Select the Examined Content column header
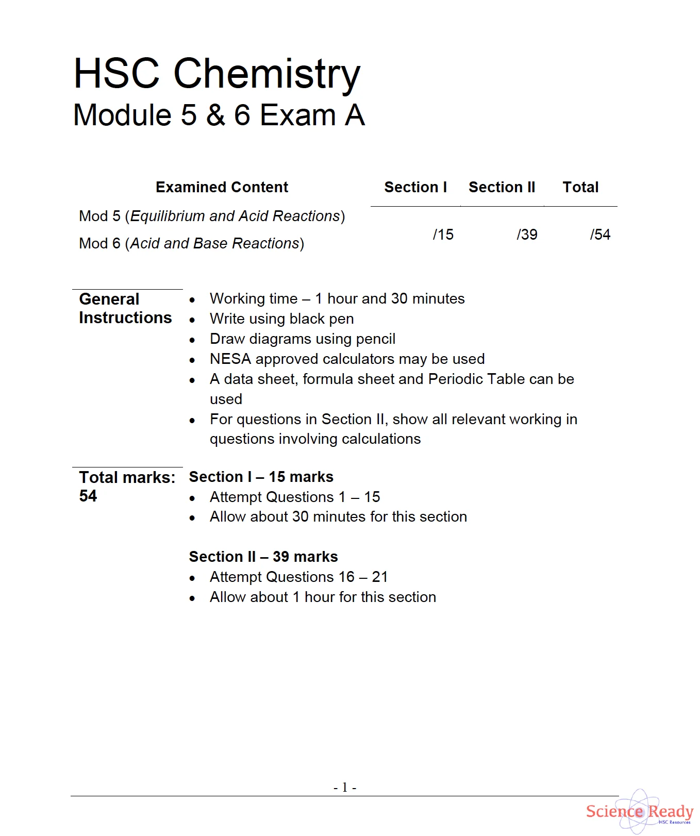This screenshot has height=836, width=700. [222, 187]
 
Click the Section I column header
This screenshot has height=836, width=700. [415, 187]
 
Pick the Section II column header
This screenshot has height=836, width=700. [502, 187]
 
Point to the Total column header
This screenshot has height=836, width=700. [580, 187]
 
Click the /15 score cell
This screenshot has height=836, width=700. [443, 235]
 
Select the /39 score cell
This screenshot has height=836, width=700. [527, 235]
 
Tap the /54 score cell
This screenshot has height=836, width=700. [600, 235]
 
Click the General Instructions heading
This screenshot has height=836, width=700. [125, 308]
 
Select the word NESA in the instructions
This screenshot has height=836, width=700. [230, 359]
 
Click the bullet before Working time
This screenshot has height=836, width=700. [192, 300]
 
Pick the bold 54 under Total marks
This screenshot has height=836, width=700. [88, 496]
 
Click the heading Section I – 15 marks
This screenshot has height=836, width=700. [261, 477]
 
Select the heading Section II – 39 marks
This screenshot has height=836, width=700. [263, 557]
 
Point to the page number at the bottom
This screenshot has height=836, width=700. [345, 787]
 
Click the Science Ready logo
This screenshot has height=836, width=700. [639, 812]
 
